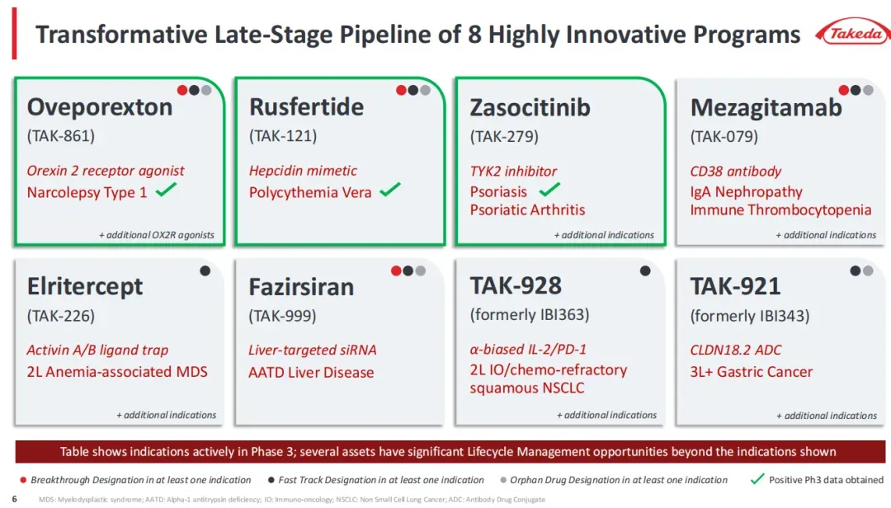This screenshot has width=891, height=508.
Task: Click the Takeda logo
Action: (x=853, y=34)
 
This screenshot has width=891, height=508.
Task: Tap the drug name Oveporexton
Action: (x=100, y=107)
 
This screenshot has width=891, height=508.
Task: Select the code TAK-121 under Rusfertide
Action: (x=283, y=136)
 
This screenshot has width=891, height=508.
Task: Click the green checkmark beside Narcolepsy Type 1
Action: (x=166, y=189)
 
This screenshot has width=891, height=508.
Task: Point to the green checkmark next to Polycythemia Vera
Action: (x=390, y=189)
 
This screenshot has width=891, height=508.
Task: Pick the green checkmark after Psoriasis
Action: (x=549, y=189)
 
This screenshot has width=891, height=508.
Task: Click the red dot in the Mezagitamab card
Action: (x=844, y=90)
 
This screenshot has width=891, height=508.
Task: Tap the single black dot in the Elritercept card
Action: (x=205, y=271)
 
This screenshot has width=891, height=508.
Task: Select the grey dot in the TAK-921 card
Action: (x=868, y=271)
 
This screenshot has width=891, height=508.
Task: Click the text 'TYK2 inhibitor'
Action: (x=513, y=171)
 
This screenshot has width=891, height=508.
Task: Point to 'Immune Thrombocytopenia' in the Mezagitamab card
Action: (x=780, y=209)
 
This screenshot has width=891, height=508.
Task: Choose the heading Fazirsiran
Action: (x=301, y=287)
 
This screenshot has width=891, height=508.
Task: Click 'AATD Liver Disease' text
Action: (x=311, y=372)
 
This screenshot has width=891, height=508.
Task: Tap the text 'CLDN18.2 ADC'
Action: (x=735, y=350)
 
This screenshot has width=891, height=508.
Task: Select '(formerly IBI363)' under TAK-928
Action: (x=530, y=315)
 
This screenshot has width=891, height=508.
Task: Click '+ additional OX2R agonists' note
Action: (x=157, y=235)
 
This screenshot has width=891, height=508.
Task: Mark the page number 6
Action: (x=14, y=499)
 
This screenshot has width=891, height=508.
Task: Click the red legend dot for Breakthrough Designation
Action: (x=23, y=480)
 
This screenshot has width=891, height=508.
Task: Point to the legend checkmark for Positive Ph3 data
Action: (x=757, y=480)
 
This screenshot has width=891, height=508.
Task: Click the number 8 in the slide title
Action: (x=474, y=35)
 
